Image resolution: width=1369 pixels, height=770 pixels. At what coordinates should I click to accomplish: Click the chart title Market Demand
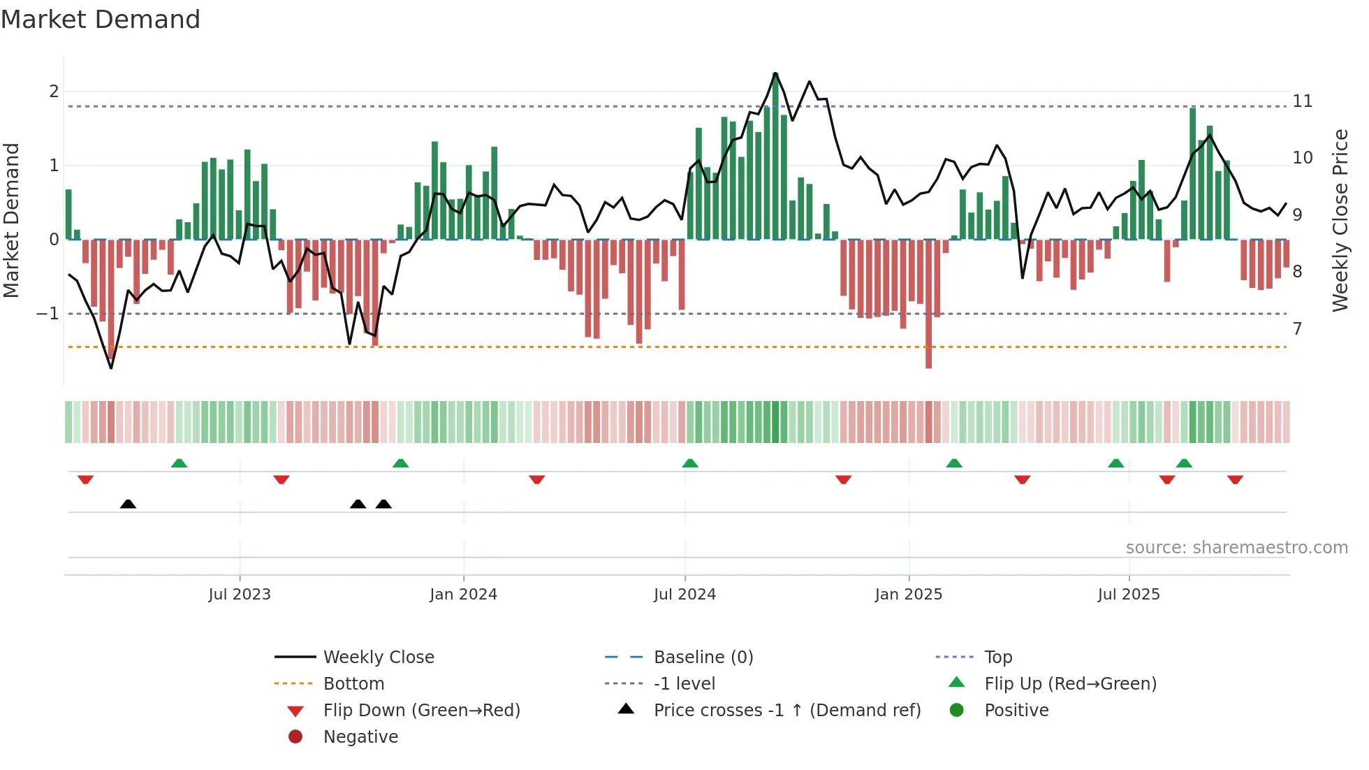click(x=101, y=20)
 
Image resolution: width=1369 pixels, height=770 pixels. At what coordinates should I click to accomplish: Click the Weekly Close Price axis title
click(x=1340, y=220)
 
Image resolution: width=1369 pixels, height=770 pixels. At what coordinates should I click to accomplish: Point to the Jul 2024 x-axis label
click(x=684, y=595)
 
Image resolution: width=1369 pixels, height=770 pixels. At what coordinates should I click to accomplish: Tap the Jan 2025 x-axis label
click(x=908, y=595)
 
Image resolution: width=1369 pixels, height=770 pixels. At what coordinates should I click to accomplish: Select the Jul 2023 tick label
click(x=239, y=595)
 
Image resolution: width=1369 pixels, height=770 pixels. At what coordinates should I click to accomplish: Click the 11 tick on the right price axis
click(x=1302, y=101)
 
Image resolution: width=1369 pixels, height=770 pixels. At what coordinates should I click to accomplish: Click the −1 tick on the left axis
click(x=47, y=314)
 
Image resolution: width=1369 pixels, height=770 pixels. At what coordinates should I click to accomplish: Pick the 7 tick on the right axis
click(x=1297, y=328)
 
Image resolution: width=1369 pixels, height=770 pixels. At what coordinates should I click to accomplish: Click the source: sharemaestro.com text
click(x=1236, y=548)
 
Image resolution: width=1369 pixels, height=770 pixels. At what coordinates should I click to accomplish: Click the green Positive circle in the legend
click(x=957, y=711)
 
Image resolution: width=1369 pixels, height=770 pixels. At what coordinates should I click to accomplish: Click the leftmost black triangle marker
click(x=128, y=504)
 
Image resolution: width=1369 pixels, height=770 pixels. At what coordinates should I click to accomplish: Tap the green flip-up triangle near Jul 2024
click(x=690, y=463)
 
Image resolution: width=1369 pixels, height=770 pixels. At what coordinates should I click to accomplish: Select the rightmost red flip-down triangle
click(x=1235, y=479)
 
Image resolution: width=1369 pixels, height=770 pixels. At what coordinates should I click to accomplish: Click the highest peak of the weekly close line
click(x=775, y=73)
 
